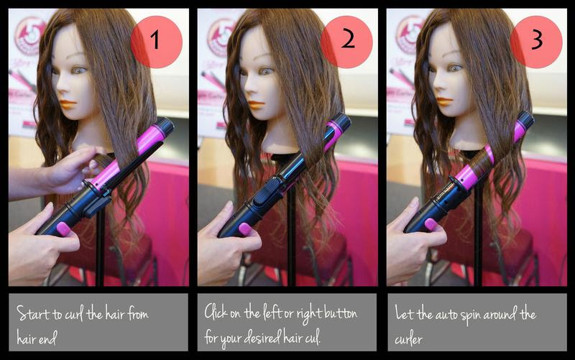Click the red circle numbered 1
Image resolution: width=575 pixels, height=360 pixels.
(x=157, y=42)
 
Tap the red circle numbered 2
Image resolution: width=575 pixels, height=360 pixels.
(x=346, y=42)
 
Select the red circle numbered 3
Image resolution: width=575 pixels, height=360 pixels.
(x=536, y=42)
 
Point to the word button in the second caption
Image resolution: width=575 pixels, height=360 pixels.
(x=341, y=314)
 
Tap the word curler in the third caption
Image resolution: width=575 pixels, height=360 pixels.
(x=408, y=339)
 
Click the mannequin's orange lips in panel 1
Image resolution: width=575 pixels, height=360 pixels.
(x=68, y=104)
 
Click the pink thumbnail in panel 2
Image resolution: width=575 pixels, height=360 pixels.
(x=245, y=229)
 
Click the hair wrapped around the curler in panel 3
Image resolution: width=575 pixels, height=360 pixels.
(x=481, y=162)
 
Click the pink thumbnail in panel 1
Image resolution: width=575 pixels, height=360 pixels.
(x=63, y=229)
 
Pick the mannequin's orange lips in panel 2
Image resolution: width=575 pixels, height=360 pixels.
(x=257, y=105)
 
